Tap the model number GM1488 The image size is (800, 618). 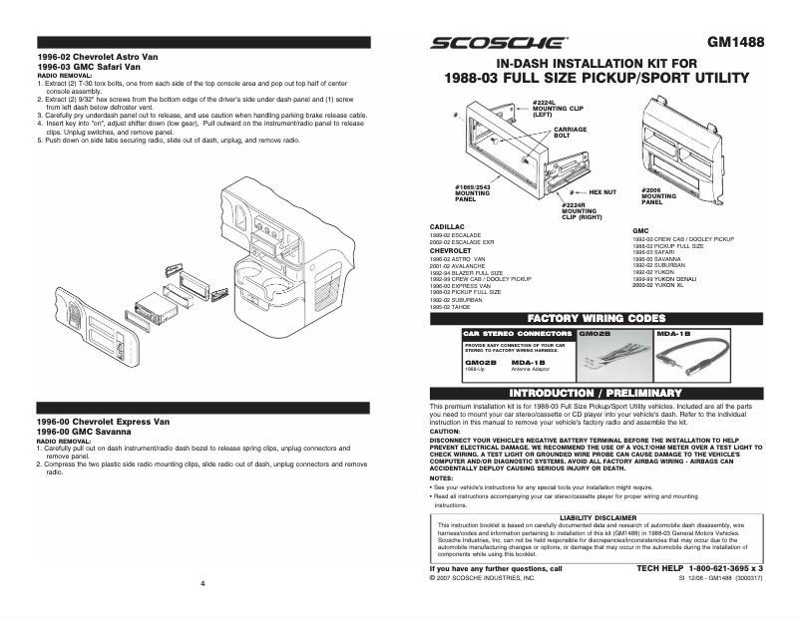tap(735, 44)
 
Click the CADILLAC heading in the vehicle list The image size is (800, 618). tap(446, 227)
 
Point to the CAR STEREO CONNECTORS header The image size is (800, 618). tap(518, 334)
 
